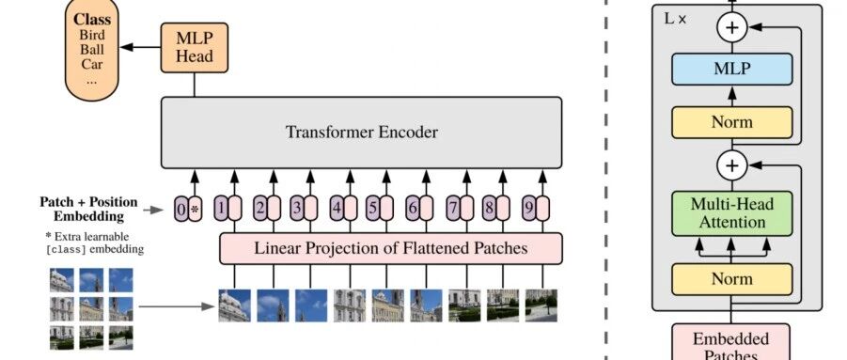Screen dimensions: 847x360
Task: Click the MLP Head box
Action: [x=195, y=48]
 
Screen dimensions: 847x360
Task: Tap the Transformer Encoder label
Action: [x=361, y=133]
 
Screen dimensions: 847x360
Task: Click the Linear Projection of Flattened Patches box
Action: [x=390, y=249]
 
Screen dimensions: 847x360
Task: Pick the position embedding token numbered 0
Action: [x=180, y=209]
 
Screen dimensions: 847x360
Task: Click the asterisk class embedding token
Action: [x=195, y=209]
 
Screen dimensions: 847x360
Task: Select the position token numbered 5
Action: [x=372, y=209]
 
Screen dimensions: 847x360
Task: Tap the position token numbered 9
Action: [x=529, y=209]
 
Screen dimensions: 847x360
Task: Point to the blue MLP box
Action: [x=732, y=69]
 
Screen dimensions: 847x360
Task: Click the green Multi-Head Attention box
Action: [x=732, y=213]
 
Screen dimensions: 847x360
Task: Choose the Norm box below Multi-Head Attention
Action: [x=732, y=279]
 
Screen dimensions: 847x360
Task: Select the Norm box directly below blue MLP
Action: [x=732, y=122]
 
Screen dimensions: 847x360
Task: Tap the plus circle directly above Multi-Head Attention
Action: [x=732, y=165]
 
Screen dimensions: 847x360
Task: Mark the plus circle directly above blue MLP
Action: [x=732, y=27]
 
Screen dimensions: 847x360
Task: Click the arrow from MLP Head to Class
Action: [x=140, y=47]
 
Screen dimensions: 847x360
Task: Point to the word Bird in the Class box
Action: [x=92, y=35]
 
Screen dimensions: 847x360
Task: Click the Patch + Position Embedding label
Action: [x=88, y=210]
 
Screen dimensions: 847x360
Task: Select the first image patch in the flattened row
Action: [x=234, y=305]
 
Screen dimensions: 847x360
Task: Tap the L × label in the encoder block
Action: [x=675, y=19]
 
